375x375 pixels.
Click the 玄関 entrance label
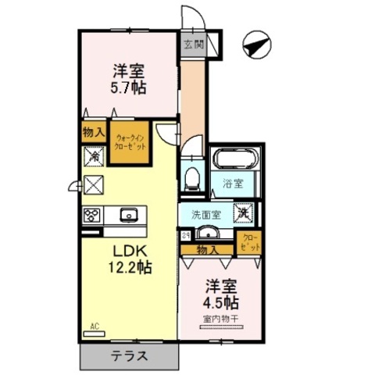pyautogui.click(x=193, y=45)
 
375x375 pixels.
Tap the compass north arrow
pyautogui.click(x=256, y=45)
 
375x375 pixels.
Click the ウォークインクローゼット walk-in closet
pyautogui.click(x=128, y=142)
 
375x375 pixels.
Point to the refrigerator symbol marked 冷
pyautogui.click(x=92, y=155)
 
